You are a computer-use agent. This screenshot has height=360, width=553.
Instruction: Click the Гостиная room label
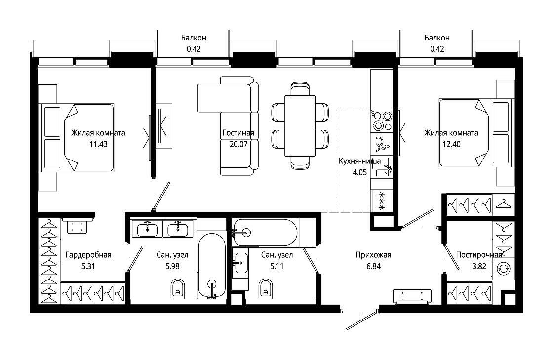[x=238, y=133]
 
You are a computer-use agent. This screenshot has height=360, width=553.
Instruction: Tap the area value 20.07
[x=238, y=144]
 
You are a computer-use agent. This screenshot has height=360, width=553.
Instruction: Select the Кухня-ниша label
[x=359, y=161]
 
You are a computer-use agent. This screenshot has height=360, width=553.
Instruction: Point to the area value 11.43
[x=98, y=144]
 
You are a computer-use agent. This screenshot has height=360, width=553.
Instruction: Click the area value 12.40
[x=451, y=144]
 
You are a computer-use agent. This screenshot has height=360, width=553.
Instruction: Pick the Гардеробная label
[x=88, y=255]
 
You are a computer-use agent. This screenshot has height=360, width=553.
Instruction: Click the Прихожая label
[x=373, y=255]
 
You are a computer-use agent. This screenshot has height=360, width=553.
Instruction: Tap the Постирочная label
[x=479, y=255]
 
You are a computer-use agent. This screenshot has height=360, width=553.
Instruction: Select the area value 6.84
[x=373, y=266]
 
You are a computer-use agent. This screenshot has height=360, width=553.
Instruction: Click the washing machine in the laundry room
[x=503, y=269]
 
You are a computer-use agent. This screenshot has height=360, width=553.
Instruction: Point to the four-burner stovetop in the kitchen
[x=382, y=120]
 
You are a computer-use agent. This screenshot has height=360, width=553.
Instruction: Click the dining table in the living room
[x=300, y=125]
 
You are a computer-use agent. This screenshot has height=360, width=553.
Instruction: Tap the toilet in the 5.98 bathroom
[x=178, y=288]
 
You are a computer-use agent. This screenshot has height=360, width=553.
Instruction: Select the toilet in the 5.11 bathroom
[x=265, y=288]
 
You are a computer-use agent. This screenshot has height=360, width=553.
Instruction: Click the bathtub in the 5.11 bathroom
[x=266, y=233]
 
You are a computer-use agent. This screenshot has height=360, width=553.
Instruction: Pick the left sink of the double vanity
[x=148, y=229]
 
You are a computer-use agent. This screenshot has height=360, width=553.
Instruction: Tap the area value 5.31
[x=88, y=266]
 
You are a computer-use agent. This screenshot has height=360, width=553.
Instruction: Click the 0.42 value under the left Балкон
[x=194, y=49]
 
